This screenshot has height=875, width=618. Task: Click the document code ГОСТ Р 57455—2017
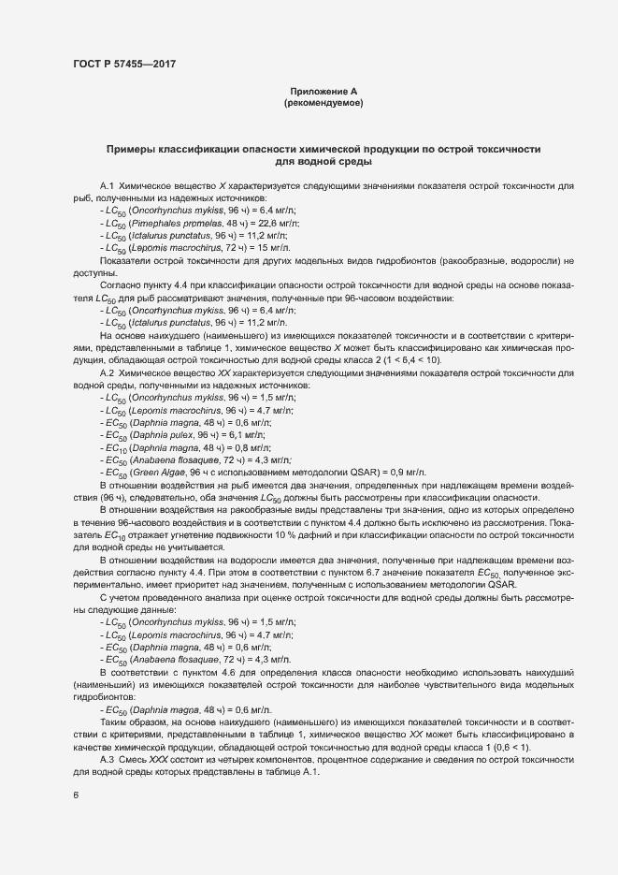(x=123, y=64)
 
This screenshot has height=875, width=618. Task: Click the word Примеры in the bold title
(x=135, y=150)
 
